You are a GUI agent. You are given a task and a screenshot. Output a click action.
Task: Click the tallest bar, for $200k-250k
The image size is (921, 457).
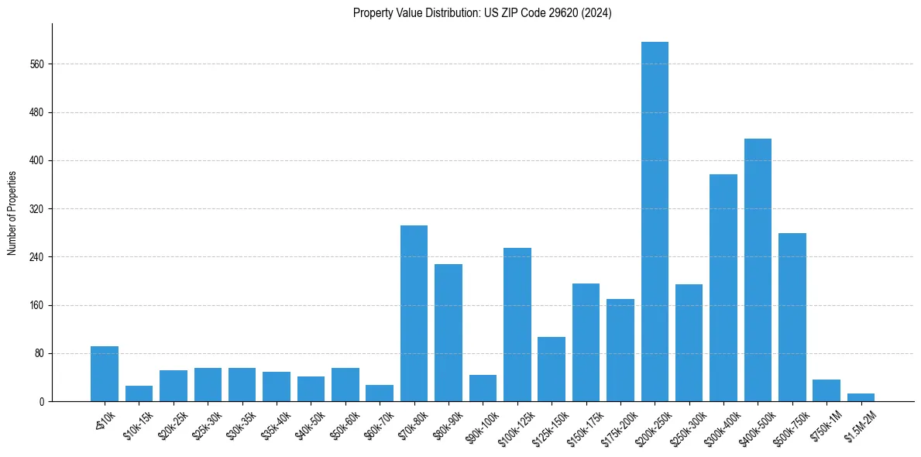click(x=655, y=222)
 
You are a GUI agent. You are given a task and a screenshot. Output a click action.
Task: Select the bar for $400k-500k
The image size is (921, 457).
click(x=758, y=270)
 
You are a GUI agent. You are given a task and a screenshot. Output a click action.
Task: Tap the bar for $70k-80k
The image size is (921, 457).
click(x=414, y=313)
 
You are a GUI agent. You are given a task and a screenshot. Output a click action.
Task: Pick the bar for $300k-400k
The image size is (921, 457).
click(x=723, y=287)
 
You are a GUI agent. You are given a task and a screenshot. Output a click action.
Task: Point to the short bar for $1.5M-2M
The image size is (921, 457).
click(x=861, y=397)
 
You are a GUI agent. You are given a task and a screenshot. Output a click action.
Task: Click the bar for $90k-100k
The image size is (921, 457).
click(x=483, y=388)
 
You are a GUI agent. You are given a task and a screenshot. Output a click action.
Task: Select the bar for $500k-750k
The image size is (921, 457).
click(x=792, y=317)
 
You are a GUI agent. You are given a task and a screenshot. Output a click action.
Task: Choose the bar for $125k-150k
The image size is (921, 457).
click(x=552, y=369)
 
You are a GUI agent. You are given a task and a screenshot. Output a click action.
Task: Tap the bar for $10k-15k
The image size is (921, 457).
click(x=139, y=393)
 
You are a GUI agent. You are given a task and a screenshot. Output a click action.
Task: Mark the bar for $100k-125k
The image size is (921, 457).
click(x=517, y=325)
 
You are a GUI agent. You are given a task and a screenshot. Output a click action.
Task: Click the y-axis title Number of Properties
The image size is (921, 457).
click(x=12, y=212)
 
